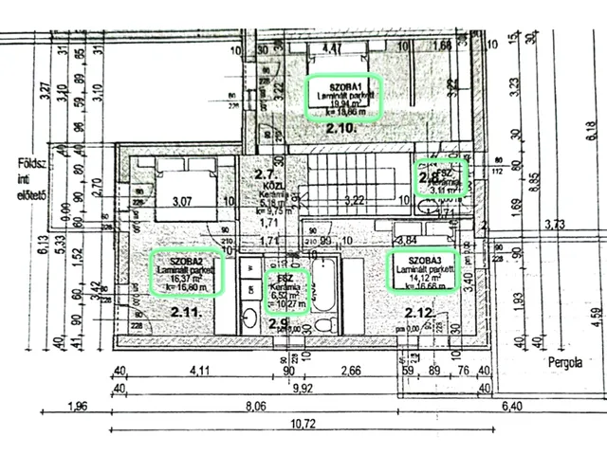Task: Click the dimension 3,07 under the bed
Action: (x=181, y=201)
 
